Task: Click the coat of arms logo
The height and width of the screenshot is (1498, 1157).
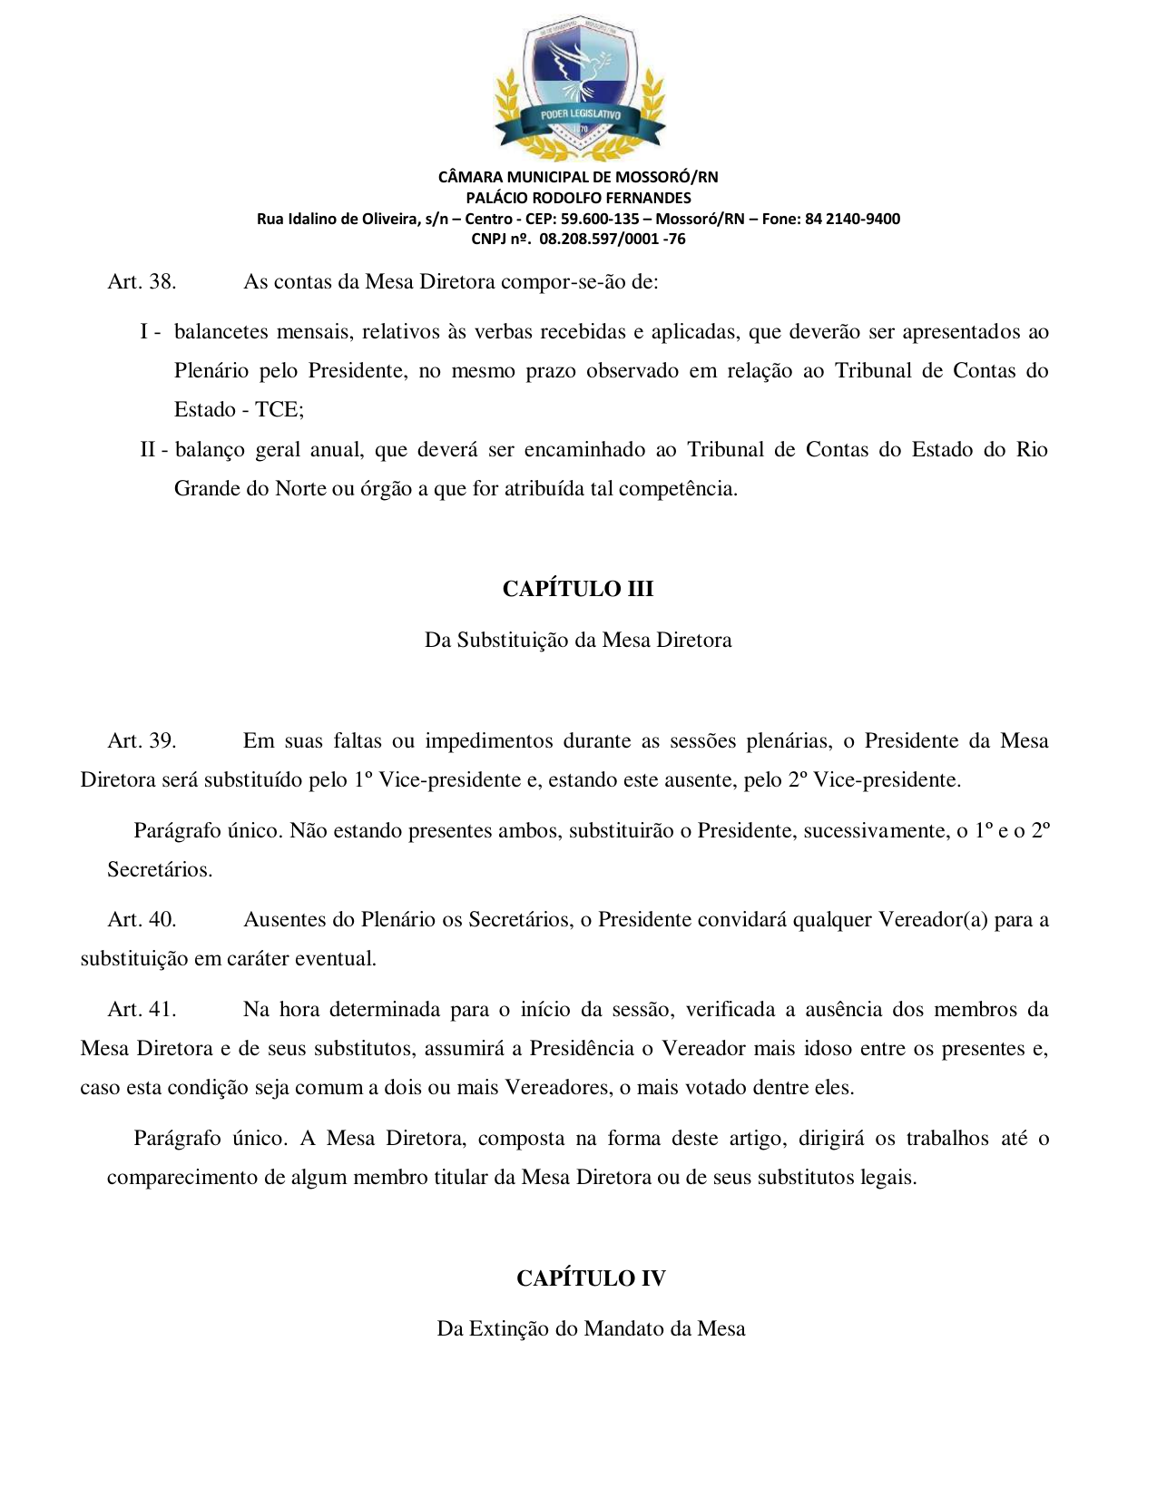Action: coord(579,89)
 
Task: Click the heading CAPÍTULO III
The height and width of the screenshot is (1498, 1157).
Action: coord(578,589)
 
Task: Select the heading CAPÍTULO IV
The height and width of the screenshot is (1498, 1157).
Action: coord(591,1278)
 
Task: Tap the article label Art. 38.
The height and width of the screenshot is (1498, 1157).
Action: coord(142,282)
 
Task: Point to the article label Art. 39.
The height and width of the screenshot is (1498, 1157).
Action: coord(142,741)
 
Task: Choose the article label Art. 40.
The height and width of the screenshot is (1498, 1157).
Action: coord(142,920)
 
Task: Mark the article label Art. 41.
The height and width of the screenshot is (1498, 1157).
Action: coord(142,1010)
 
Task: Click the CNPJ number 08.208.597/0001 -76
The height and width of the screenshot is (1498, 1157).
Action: coord(613,240)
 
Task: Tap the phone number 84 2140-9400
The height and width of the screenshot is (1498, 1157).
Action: coord(852,219)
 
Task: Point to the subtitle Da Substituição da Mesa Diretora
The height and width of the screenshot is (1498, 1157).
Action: coord(578,641)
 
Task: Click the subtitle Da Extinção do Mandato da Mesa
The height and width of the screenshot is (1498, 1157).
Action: coord(591,1329)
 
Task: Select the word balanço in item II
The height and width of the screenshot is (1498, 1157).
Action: coord(210,450)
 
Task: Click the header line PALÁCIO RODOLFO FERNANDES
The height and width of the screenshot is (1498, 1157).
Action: coord(578,198)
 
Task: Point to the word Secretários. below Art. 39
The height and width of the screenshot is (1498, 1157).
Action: coord(160,870)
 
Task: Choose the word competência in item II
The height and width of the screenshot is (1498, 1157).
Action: coord(689,489)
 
